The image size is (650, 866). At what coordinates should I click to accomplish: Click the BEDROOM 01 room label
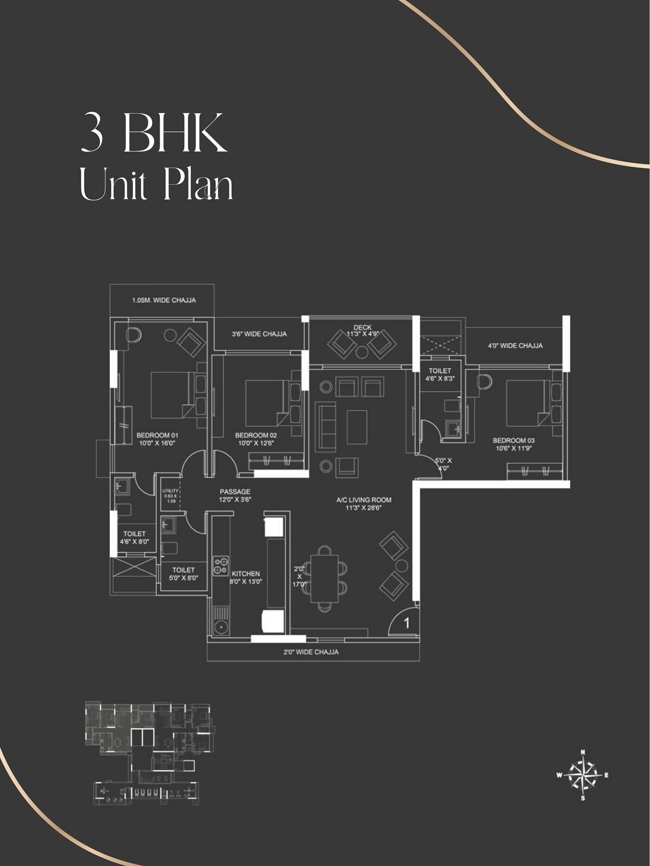point(157,435)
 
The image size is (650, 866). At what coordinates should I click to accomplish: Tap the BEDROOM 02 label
point(256,435)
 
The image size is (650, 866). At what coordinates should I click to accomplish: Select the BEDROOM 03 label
point(513,441)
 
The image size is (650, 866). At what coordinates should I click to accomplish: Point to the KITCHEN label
point(246,574)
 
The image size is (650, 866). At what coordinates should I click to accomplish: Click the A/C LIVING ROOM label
point(363,500)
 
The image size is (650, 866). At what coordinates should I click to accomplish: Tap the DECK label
point(362,327)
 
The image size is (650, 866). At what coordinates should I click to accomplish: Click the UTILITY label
point(171,491)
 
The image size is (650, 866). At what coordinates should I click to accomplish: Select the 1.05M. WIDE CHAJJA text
point(164,300)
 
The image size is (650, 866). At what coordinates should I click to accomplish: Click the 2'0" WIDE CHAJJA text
point(311,652)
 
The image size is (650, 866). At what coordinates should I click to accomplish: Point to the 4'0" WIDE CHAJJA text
point(515,345)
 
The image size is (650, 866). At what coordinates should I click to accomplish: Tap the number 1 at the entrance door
point(407,624)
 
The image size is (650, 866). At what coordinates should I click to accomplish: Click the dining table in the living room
point(324,578)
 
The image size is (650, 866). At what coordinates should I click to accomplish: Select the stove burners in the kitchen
point(221,566)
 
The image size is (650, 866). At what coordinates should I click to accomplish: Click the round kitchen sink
point(221,628)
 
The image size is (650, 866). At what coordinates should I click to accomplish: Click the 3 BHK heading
point(154,133)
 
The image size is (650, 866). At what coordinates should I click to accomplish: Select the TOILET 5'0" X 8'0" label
point(183,574)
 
